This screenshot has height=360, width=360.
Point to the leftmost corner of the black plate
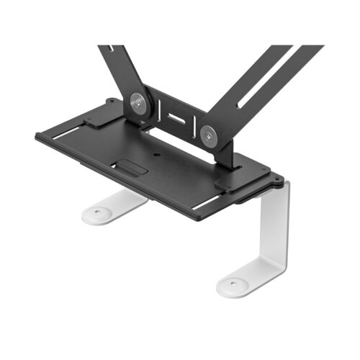pyautogui.click(x=36, y=135)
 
